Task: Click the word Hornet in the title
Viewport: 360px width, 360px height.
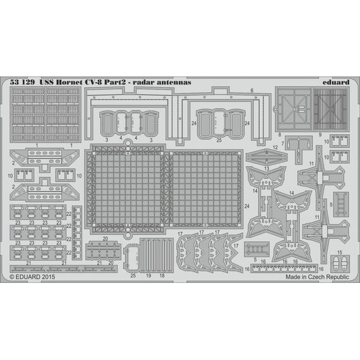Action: [x=69, y=82]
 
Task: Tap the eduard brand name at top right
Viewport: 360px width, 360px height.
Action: [x=336, y=82]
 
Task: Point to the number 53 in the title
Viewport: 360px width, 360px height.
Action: [x=14, y=82]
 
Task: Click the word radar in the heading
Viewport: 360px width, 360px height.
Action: [x=144, y=82]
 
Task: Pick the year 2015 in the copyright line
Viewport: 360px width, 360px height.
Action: [x=48, y=277]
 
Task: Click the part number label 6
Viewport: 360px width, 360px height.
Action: [x=252, y=90]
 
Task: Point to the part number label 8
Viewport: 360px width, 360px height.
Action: [x=279, y=135]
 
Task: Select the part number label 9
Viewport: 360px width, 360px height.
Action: [x=320, y=135]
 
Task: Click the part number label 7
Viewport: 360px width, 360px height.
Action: [x=282, y=144]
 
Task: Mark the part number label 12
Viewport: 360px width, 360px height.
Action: [x=275, y=147]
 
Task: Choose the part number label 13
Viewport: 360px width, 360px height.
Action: [x=267, y=169]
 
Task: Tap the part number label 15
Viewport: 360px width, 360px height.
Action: [x=340, y=253]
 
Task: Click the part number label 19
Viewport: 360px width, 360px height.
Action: [x=148, y=275]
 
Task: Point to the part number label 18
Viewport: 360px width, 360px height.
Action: [x=162, y=275]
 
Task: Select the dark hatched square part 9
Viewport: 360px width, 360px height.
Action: [x=332, y=109]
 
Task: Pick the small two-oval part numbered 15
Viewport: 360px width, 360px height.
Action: [x=340, y=263]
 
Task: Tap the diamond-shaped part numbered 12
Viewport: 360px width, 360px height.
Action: [x=267, y=157]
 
